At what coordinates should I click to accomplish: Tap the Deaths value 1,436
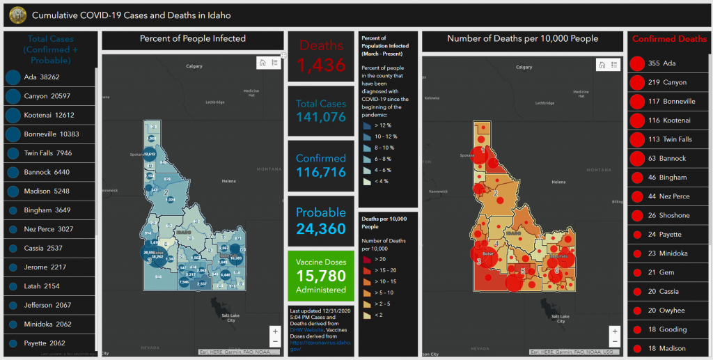pyautogui.click(x=322, y=65)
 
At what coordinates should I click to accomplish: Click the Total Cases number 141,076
pyautogui.click(x=321, y=117)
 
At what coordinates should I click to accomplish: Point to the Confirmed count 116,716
pyautogui.click(x=321, y=171)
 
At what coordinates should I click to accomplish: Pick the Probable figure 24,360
pyautogui.click(x=321, y=226)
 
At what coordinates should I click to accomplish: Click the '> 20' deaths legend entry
pyautogui.click(x=376, y=258)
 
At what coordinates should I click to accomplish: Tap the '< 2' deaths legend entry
pyautogui.click(x=376, y=315)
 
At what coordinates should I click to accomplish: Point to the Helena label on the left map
pyautogui.click(x=229, y=181)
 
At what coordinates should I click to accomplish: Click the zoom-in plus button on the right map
pyautogui.click(x=614, y=331)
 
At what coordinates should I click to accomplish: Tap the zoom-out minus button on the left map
pyautogui.click(x=275, y=342)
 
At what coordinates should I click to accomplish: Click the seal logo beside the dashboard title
pyautogui.click(x=14, y=14)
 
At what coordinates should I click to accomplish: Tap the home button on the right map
pyautogui.click(x=601, y=65)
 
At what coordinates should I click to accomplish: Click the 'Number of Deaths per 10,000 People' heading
pyautogui.click(x=522, y=39)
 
